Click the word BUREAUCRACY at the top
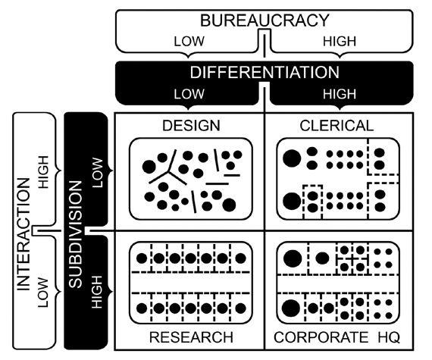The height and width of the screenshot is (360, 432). [265, 20]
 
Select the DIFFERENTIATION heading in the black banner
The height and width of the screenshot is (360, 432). [265, 72]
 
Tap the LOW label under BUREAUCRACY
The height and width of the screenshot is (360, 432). [189, 42]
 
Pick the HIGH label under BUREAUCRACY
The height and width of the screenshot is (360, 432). [340, 42]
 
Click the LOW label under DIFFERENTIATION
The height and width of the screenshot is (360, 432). [189, 94]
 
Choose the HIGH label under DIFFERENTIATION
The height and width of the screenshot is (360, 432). [340, 94]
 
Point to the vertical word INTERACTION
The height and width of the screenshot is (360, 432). [23, 234]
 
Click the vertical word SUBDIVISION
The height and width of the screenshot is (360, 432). [76, 234]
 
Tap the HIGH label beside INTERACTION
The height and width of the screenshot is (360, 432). [43, 172]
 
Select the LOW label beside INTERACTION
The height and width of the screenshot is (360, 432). [43, 293]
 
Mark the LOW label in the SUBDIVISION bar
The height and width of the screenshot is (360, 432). [98, 173]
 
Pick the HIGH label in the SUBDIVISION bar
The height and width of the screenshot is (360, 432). [98, 293]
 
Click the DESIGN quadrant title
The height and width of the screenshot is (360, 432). [191, 126]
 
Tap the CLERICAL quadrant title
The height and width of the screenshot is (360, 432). [337, 126]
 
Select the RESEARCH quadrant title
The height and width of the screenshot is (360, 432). [191, 337]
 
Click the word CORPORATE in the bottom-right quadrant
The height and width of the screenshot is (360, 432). [321, 337]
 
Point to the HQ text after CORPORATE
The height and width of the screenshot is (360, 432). [389, 337]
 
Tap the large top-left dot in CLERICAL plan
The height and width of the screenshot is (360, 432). [292, 158]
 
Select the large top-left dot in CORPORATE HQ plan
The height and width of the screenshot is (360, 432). [293, 258]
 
